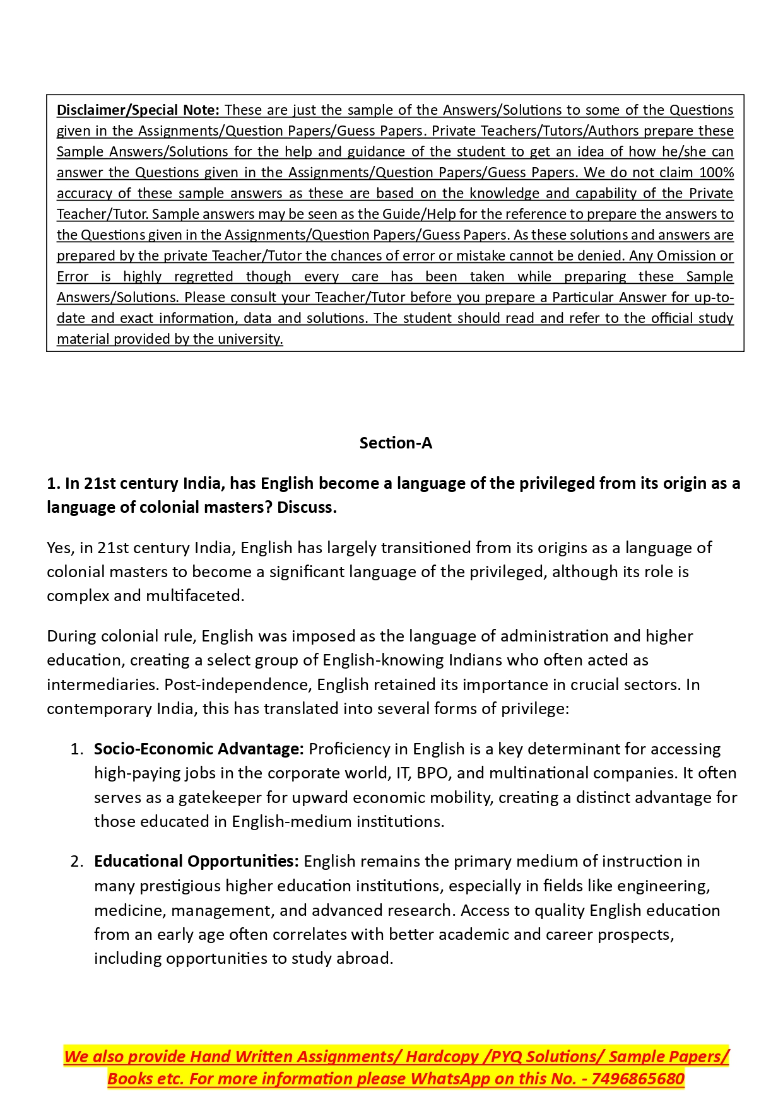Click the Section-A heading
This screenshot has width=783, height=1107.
pos(396,443)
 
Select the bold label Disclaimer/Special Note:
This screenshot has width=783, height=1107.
pos(138,110)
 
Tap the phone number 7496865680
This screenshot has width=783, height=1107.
pos(638,1079)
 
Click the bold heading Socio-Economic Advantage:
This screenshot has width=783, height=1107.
pos(199,749)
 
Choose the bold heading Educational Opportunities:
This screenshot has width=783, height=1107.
pos(196,862)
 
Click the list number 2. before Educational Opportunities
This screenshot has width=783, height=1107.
pos(77,862)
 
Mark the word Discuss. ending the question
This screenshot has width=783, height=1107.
pos(307,508)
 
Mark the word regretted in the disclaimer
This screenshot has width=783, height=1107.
pos(203,277)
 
